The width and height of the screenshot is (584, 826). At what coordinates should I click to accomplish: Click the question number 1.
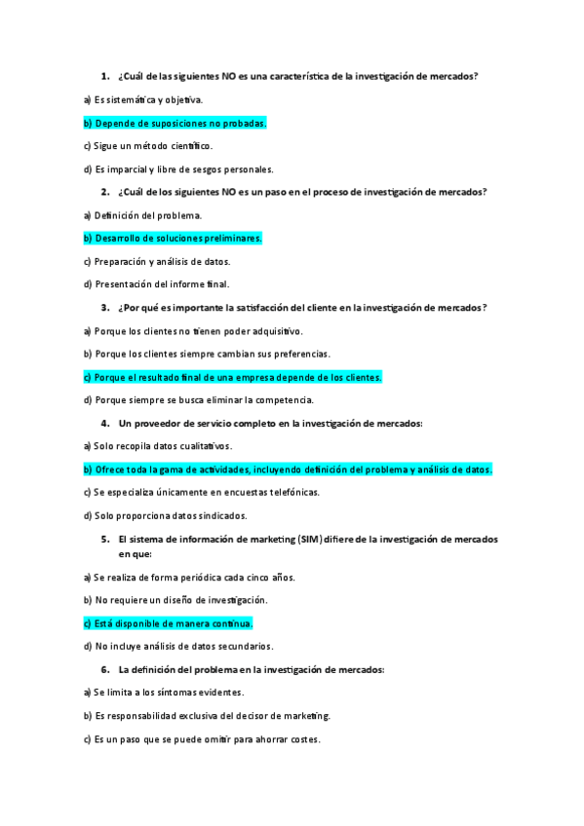click(x=104, y=75)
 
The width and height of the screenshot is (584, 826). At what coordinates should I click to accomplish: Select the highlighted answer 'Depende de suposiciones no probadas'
click(x=175, y=123)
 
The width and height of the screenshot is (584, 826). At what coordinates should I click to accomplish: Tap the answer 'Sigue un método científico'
click(x=147, y=146)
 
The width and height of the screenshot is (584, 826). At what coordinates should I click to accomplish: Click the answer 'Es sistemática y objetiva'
click(x=142, y=99)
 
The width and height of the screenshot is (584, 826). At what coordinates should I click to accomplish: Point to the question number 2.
click(x=104, y=192)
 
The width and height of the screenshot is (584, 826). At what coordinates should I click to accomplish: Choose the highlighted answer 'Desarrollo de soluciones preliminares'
click(x=173, y=238)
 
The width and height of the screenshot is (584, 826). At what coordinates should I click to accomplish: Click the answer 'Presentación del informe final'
click(x=156, y=284)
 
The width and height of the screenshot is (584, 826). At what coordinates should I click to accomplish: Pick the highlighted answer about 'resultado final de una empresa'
click(x=232, y=377)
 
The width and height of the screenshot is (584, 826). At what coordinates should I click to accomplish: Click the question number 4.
click(x=104, y=424)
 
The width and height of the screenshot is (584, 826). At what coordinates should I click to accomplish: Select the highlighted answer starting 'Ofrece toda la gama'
click(x=288, y=469)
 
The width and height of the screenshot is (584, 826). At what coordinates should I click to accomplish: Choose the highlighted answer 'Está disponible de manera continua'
click(x=168, y=622)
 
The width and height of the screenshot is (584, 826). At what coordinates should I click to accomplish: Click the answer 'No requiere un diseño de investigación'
click(x=175, y=600)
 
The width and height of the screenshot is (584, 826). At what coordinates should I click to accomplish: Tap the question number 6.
click(x=104, y=669)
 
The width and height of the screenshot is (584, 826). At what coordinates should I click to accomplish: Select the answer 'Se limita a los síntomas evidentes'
click(x=163, y=693)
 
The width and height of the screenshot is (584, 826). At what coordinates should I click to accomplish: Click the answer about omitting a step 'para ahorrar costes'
click(x=201, y=739)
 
